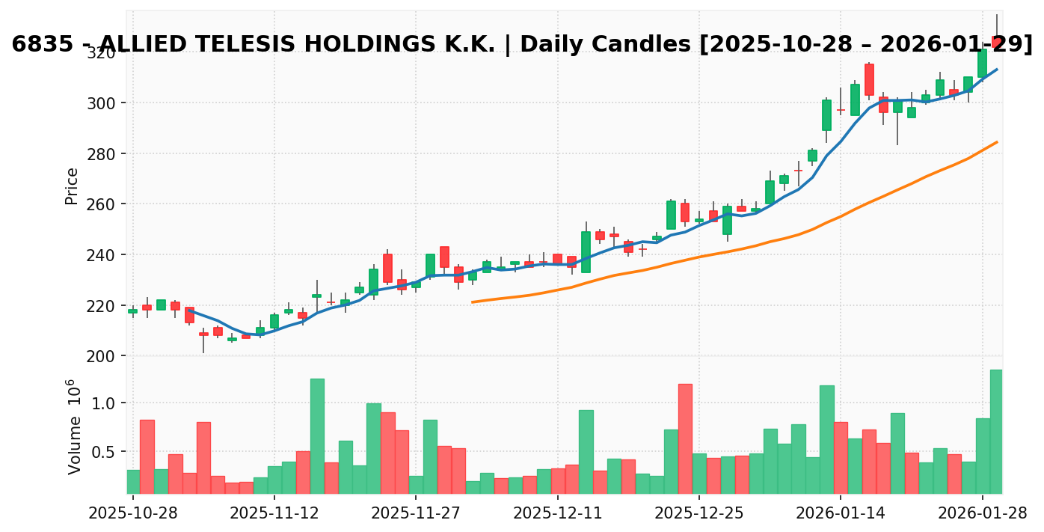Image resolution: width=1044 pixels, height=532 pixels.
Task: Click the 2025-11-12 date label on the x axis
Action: (x=274, y=513)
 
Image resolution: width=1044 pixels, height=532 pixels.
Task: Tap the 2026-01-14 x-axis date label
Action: (x=841, y=513)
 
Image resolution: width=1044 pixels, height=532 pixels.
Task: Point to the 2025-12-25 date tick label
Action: (x=698, y=513)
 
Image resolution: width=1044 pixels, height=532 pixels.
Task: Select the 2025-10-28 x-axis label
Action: (x=133, y=513)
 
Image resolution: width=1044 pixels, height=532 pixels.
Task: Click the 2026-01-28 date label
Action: (x=982, y=513)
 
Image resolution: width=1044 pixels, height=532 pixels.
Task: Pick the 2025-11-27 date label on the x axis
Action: (x=416, y=513)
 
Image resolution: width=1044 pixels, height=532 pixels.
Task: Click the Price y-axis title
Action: (x=72, y=186)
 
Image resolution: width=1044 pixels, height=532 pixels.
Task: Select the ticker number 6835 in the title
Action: (x=39, y=45)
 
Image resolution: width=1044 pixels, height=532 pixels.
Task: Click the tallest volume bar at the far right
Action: (x=996, y=432)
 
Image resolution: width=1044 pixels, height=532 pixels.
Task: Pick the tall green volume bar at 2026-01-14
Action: (x=826, y=439)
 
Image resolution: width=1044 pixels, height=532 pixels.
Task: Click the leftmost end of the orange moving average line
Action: (x=473, y=302)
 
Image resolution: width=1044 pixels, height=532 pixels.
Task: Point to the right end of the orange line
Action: (x=997, y=142)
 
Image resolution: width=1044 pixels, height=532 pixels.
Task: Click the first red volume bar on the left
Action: (x=147, y=456)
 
